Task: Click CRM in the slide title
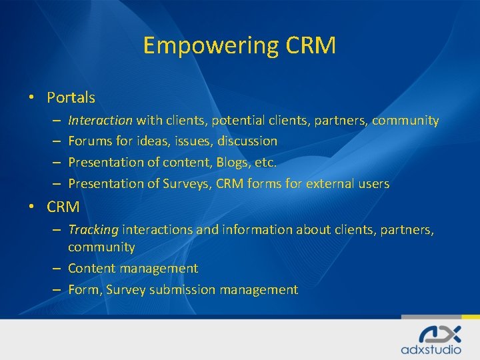click(311, 46)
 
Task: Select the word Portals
click(71, 97)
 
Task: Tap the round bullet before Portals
click(31, 97)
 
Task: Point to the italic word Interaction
click(100, 120)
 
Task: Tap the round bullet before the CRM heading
click(31, 207)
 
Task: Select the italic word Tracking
click(93, 229)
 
